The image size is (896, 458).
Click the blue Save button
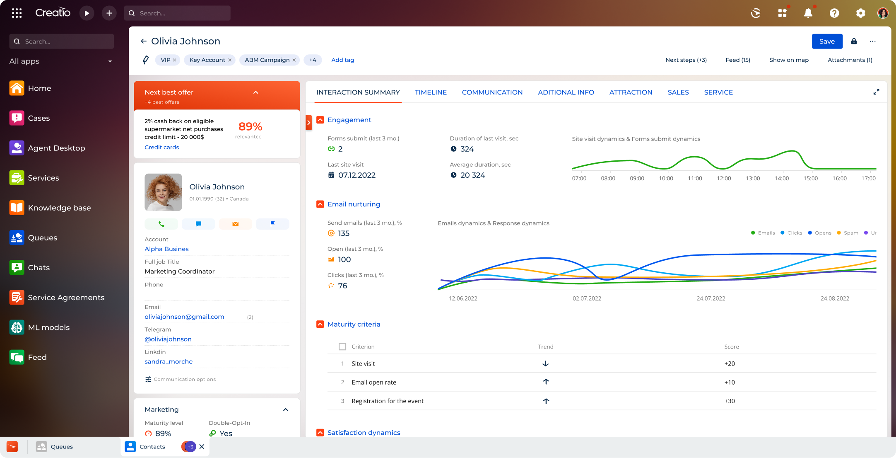tap(827, 41)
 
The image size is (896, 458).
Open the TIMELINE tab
tap(431, 92)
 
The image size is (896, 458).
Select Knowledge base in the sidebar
tap(59, 208)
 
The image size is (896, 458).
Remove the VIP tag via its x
tap(175, 60)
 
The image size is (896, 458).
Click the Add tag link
tap(342, 60)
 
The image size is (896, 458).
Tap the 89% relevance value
tap(250, 126)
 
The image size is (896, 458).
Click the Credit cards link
tap(161, 147)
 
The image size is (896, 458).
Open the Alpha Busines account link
tap(166, 249)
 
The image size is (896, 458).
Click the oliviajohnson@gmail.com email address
tap(184, 317)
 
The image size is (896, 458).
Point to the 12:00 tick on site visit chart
tap(724, 178)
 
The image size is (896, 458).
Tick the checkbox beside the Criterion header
tap(342, 347)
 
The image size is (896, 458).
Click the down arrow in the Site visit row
tap(546, 363)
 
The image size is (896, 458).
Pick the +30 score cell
tap(730, 401)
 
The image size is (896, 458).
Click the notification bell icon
tap(808, 13)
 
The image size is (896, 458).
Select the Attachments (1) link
tap(850, 60)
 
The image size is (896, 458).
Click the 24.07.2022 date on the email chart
tap(711, 298)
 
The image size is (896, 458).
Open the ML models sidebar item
tap(48, 327)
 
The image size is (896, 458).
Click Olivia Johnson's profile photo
tap(163, 192)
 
